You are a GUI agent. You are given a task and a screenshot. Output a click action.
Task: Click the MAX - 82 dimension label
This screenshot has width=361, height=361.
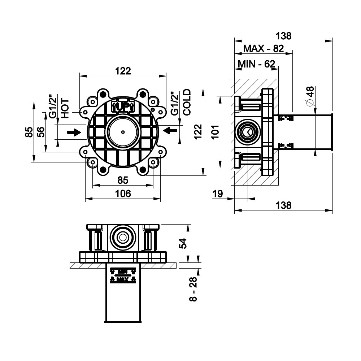click(264, 48)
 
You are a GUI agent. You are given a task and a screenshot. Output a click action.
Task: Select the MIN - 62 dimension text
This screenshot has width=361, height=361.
click(256, 64)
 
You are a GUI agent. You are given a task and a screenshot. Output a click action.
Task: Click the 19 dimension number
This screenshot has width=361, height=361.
click(218, 194)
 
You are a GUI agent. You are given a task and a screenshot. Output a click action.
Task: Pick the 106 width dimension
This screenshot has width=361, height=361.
click(123, 194)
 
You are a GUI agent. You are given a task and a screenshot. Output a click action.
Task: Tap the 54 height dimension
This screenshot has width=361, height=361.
click(183, 244)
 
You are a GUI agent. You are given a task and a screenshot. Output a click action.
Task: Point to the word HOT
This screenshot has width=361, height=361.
click(65, 108)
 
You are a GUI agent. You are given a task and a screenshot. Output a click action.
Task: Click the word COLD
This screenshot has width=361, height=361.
click(187, 102)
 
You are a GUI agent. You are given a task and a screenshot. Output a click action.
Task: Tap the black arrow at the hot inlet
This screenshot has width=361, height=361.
click(74, 133)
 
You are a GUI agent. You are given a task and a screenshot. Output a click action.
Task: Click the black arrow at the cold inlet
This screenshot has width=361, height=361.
click(170, 130)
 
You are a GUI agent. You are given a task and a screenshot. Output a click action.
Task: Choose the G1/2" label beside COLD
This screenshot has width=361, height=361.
click(174, 104)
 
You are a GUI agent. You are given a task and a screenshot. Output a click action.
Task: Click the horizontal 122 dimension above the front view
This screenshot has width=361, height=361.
click(123, 71)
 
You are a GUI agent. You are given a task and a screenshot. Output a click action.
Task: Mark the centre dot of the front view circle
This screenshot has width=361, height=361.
click(123, 132)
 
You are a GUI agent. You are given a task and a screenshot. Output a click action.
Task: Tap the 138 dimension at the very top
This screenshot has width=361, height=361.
click(283, 36)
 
